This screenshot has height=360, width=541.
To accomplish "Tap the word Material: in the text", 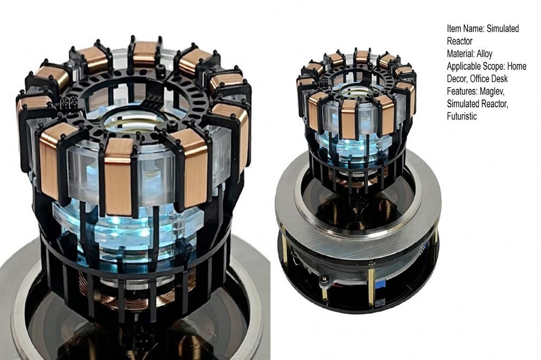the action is tap(461, 54).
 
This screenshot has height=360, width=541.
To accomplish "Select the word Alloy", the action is tap(484, 54).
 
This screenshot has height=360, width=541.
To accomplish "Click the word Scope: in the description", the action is tap(493, 66).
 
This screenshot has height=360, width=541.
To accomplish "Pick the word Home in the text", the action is tap(517, 66).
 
